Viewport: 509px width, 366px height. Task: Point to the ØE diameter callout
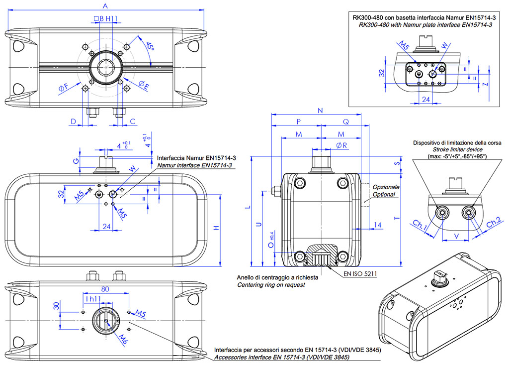[144, 85]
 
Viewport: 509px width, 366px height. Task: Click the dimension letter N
[320, 110]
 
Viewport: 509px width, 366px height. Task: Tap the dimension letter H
[216, 228]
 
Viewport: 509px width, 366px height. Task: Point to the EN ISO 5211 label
[360, 274]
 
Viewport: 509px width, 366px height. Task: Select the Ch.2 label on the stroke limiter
[494, 223]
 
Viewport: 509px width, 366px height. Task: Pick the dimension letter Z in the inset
[486, 85]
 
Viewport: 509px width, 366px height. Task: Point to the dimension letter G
[76, 161]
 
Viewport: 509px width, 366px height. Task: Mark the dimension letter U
[258, 225]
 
